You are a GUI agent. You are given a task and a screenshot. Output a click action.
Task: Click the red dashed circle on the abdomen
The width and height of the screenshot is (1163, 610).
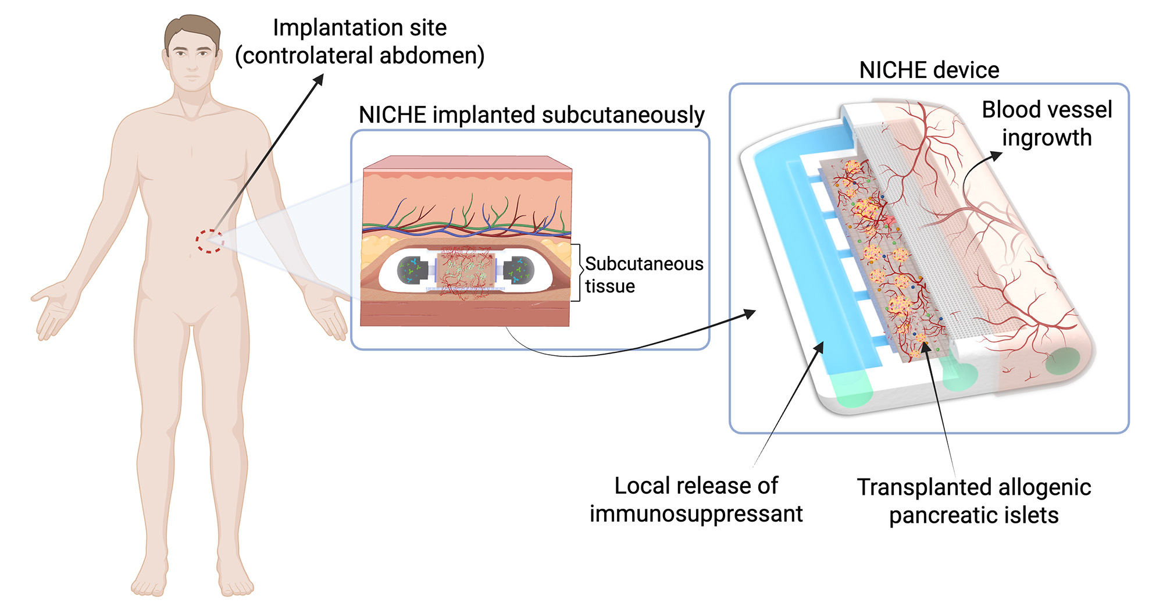pyautogui.click(x=209, y=241)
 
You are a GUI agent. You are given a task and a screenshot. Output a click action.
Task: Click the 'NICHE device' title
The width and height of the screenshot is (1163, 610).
pyautogui.click(x=929, y=70)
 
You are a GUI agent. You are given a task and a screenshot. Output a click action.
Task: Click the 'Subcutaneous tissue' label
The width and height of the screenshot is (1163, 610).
pyautogui.click(x=643, y=274)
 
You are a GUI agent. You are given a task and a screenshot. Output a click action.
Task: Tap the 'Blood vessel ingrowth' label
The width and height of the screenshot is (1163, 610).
pyautogui.click(x=1046, y=124)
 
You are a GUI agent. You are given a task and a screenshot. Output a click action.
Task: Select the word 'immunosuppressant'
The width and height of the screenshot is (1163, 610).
pyautogui.click(x=695, y=514)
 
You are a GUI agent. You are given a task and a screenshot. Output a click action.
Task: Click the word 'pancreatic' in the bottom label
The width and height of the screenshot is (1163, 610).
pyautogui.click(x=936, y=516)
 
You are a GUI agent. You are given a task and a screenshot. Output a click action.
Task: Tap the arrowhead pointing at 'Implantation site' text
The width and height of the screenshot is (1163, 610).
pyautogui.click(x=319, y=79)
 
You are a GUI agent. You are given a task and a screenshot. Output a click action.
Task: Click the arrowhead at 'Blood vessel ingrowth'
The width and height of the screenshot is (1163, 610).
pyautogui.click(x=997, y=155)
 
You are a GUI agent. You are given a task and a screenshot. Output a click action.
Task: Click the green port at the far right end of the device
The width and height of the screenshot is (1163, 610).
pyautogui.click(x=1062, y=361)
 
